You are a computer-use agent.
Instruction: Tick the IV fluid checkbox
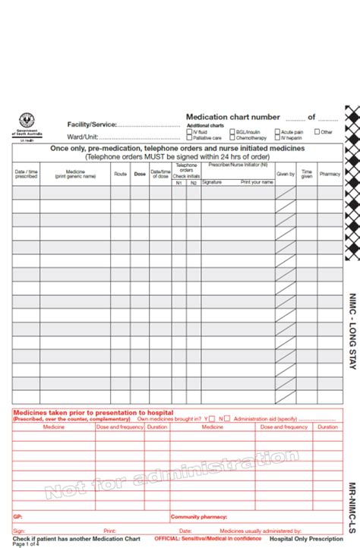(189, 132)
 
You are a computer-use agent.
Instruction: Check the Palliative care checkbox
(189, 138)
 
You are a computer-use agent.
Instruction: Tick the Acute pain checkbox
(277, 132)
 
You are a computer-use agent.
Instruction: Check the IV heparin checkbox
(277, 138)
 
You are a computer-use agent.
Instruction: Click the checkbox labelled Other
(317, 132)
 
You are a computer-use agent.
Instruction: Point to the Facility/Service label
(92, 124)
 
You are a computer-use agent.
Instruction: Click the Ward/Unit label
(82, 137)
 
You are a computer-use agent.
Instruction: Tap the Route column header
(120, 174)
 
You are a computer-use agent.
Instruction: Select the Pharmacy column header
(330, 174)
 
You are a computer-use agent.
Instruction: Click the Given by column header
(286, 174)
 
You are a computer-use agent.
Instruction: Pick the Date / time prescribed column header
(26, 174)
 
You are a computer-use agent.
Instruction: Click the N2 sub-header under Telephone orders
(193, 183)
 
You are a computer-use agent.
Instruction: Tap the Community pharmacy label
(198, 516)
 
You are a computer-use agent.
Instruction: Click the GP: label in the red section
(17, 516)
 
